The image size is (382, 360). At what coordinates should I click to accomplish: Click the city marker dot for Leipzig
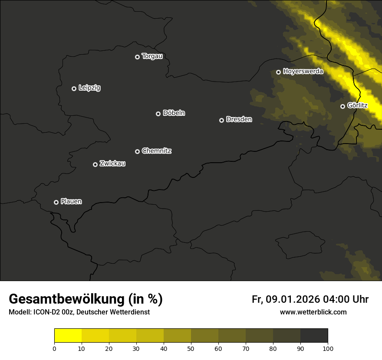tap(74, 88)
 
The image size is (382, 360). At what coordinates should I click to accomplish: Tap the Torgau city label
tap(152, 56)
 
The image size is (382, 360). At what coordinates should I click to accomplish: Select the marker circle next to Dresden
tap(221, 120)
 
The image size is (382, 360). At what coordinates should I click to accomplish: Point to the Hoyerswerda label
tap(303, 72)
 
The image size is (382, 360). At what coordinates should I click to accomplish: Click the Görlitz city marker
tap(342, 106)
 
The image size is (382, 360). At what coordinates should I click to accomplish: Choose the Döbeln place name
tap(174, 113)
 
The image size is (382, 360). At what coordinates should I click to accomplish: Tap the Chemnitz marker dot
tap(137, 151)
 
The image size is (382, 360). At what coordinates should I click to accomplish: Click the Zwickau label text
tap(112, 164)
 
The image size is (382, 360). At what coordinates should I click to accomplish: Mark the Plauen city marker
tap(56, 202)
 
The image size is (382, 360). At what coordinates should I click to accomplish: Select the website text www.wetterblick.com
tap(313, 312)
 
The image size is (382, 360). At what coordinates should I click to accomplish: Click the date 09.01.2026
tap(293, 299)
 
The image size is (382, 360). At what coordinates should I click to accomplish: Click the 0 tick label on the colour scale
tap(54, 348)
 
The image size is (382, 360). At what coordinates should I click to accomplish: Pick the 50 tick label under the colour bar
tap(191, 348)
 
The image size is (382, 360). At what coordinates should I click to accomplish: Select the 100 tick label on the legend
tap(328, 348)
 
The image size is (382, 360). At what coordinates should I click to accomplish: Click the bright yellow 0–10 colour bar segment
tap(68, 336)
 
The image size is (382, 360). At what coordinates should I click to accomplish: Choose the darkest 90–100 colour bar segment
tap(314, 336)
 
